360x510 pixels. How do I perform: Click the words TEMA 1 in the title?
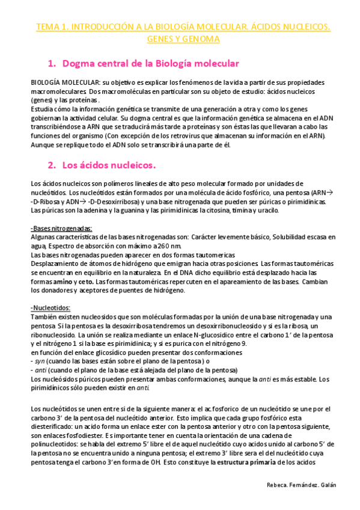point(53,27)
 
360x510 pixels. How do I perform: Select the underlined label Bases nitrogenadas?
point(62,229)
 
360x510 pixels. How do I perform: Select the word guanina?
point(136,211)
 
